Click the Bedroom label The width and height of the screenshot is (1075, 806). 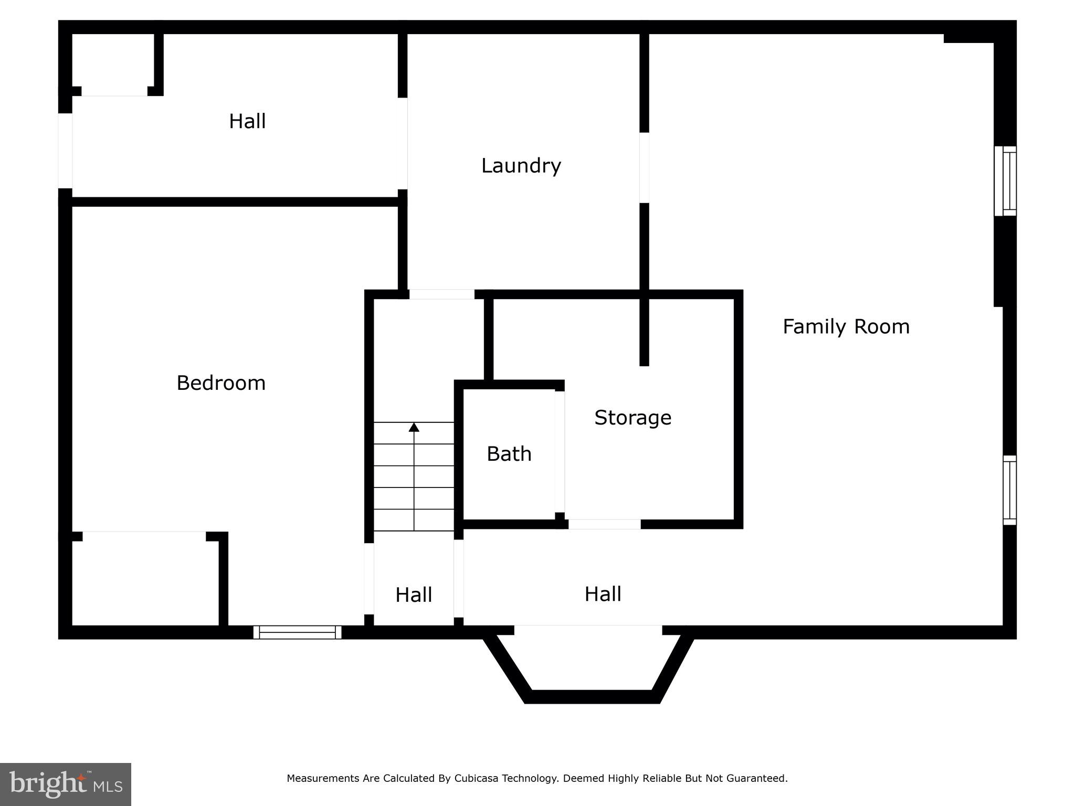(x=221, y=383)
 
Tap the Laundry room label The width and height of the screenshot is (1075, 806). (x=521, y=166)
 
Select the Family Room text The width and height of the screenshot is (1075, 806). (x=846, y=326)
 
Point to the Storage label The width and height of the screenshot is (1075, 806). (x=633, y=418)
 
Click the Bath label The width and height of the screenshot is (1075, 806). (x=509, y=454)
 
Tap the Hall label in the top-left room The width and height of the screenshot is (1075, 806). (x=247, y=121)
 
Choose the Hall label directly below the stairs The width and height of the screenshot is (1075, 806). (x=414, y=595)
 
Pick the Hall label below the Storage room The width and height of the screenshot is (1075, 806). (x=603, y=594)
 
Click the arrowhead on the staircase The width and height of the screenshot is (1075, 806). (x=414, y=427)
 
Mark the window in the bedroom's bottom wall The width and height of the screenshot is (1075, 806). (x=298, y=632)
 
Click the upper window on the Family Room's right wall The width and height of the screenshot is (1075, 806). (x=1005, y=181)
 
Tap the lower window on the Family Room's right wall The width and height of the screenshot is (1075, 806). (x=1009, y=490)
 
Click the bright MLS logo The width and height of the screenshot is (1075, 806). (x=65, y=784)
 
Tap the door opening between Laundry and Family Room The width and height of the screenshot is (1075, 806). (x=644, y=167)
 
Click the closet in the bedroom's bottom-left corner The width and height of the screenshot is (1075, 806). (x=145, y=580)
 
